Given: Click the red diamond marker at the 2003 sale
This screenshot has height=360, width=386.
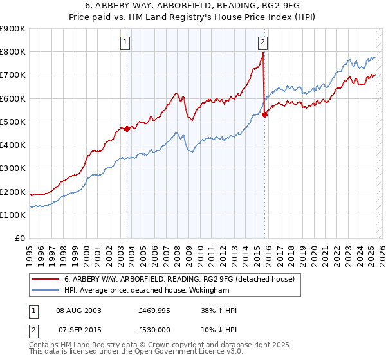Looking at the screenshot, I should [127, 128].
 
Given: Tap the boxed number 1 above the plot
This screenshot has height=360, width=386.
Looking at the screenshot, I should [125, 43].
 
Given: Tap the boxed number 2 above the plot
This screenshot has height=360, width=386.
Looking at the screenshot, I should [263, 43].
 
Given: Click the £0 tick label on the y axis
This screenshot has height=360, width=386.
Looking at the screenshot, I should [20, 239].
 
